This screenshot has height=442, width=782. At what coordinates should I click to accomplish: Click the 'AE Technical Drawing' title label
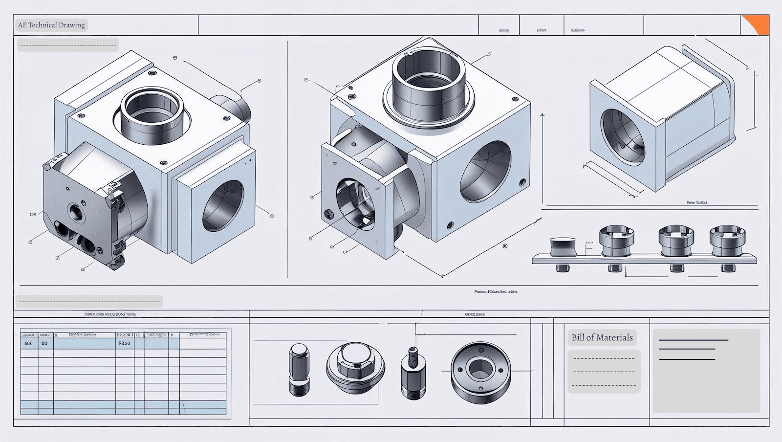pos(51,25)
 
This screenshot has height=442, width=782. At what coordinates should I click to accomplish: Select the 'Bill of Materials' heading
pos(602,337)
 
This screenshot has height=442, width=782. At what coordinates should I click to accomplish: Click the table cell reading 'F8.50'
pos(125,343)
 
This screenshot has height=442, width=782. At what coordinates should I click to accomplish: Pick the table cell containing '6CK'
pos(28,343)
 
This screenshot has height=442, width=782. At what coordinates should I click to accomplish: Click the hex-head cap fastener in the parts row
pos(355,368)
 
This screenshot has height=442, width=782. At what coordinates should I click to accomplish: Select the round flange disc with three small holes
pos(480,373)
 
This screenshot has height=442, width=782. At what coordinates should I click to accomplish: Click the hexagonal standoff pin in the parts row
pos(299,369)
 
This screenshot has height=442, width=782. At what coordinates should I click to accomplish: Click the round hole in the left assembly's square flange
pos(223,205)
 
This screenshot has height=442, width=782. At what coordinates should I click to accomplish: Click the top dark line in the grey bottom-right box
pos(693,340)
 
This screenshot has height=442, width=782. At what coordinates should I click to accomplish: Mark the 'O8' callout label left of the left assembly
pos(33,214)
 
